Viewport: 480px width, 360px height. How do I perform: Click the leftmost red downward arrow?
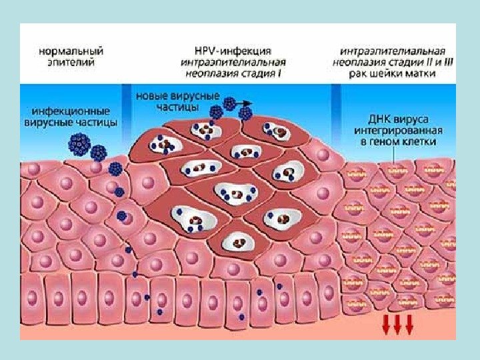pos(385,326)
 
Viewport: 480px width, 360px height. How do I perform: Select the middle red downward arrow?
pos(397,326)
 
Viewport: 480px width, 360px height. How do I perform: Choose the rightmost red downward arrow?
pos(409,326)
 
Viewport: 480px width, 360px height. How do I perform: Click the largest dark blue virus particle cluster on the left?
pos(79,143)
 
